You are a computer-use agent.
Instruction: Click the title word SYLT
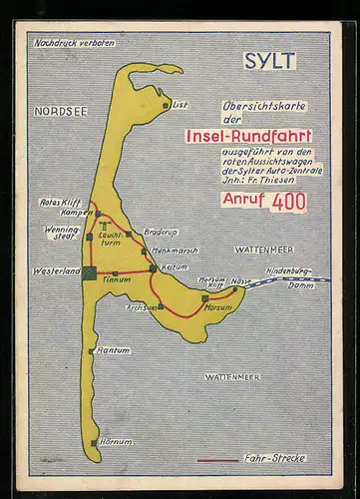[269, 61]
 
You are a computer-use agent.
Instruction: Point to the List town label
[180, 104]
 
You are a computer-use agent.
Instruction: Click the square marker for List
[166, 104]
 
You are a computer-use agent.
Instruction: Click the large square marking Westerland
[90, 272]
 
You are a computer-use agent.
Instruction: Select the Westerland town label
[56, 271]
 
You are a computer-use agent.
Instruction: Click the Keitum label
[174, 267]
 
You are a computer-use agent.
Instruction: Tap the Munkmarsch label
[176, 250]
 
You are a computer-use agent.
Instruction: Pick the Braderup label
[160, 232]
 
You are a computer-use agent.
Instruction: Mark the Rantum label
[114, 350]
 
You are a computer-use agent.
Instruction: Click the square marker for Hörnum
[95, 442]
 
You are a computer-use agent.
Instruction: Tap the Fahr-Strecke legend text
[274, 458]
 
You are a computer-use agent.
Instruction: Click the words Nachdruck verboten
[75, 43]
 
